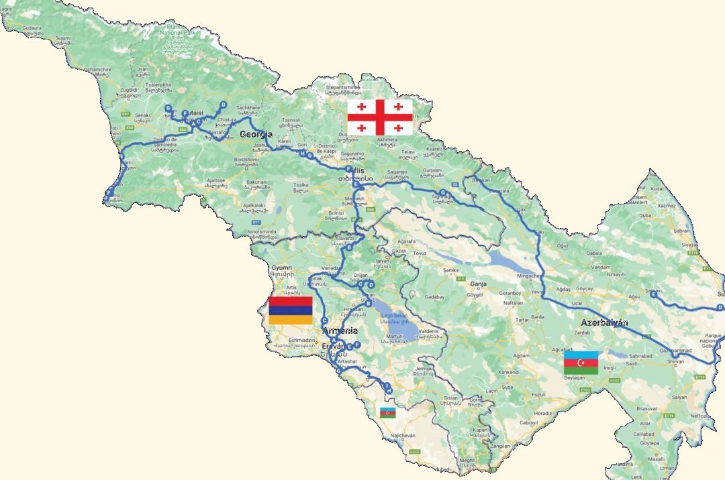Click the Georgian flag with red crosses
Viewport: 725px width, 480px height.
(379, 117)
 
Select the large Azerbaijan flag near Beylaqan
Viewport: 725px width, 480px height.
(581, 363)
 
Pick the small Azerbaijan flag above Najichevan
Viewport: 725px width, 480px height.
(388, 412)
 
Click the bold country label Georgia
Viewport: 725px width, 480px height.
(256, 134)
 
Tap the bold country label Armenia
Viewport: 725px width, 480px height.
(340, 331)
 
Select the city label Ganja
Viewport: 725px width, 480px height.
(478, 284)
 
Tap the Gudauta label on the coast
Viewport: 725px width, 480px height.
(32, 29)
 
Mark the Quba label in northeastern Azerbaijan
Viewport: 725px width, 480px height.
(645, 216)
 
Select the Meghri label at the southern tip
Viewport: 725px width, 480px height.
(469, 461)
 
